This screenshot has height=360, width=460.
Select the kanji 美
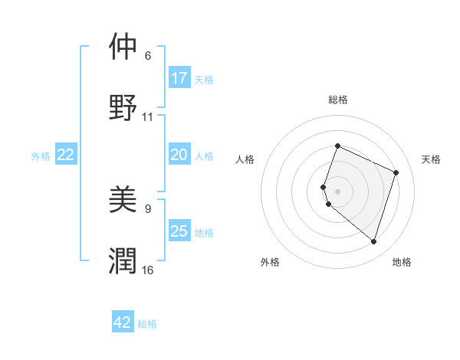tap(123, 200)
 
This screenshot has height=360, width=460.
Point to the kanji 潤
tap(123, 260)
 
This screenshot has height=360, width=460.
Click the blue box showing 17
tap(179, 78)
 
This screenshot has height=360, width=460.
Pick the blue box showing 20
tap(179, 155)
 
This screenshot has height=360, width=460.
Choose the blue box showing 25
tap(179, 231)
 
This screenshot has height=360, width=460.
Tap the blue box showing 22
tap(66, 155)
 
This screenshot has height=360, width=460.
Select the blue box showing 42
tap(123, 322)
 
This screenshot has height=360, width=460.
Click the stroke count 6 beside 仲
tap(148, 56)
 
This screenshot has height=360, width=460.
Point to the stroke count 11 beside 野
tap(148, 117)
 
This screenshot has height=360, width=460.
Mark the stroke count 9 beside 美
tap(148, 208)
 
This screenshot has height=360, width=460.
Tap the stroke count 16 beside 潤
tap(148, 270)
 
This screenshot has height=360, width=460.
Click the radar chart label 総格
tap(337, 100)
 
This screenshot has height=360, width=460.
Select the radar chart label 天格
tap(431, 159)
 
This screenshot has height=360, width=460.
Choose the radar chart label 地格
tap(402, 262)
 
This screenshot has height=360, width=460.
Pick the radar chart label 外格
tap(270, 262)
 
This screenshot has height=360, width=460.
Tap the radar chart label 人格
tap(245, 159)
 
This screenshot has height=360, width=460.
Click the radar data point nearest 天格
tap(396, 172)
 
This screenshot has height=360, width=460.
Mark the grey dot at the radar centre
tap(337, 191)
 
